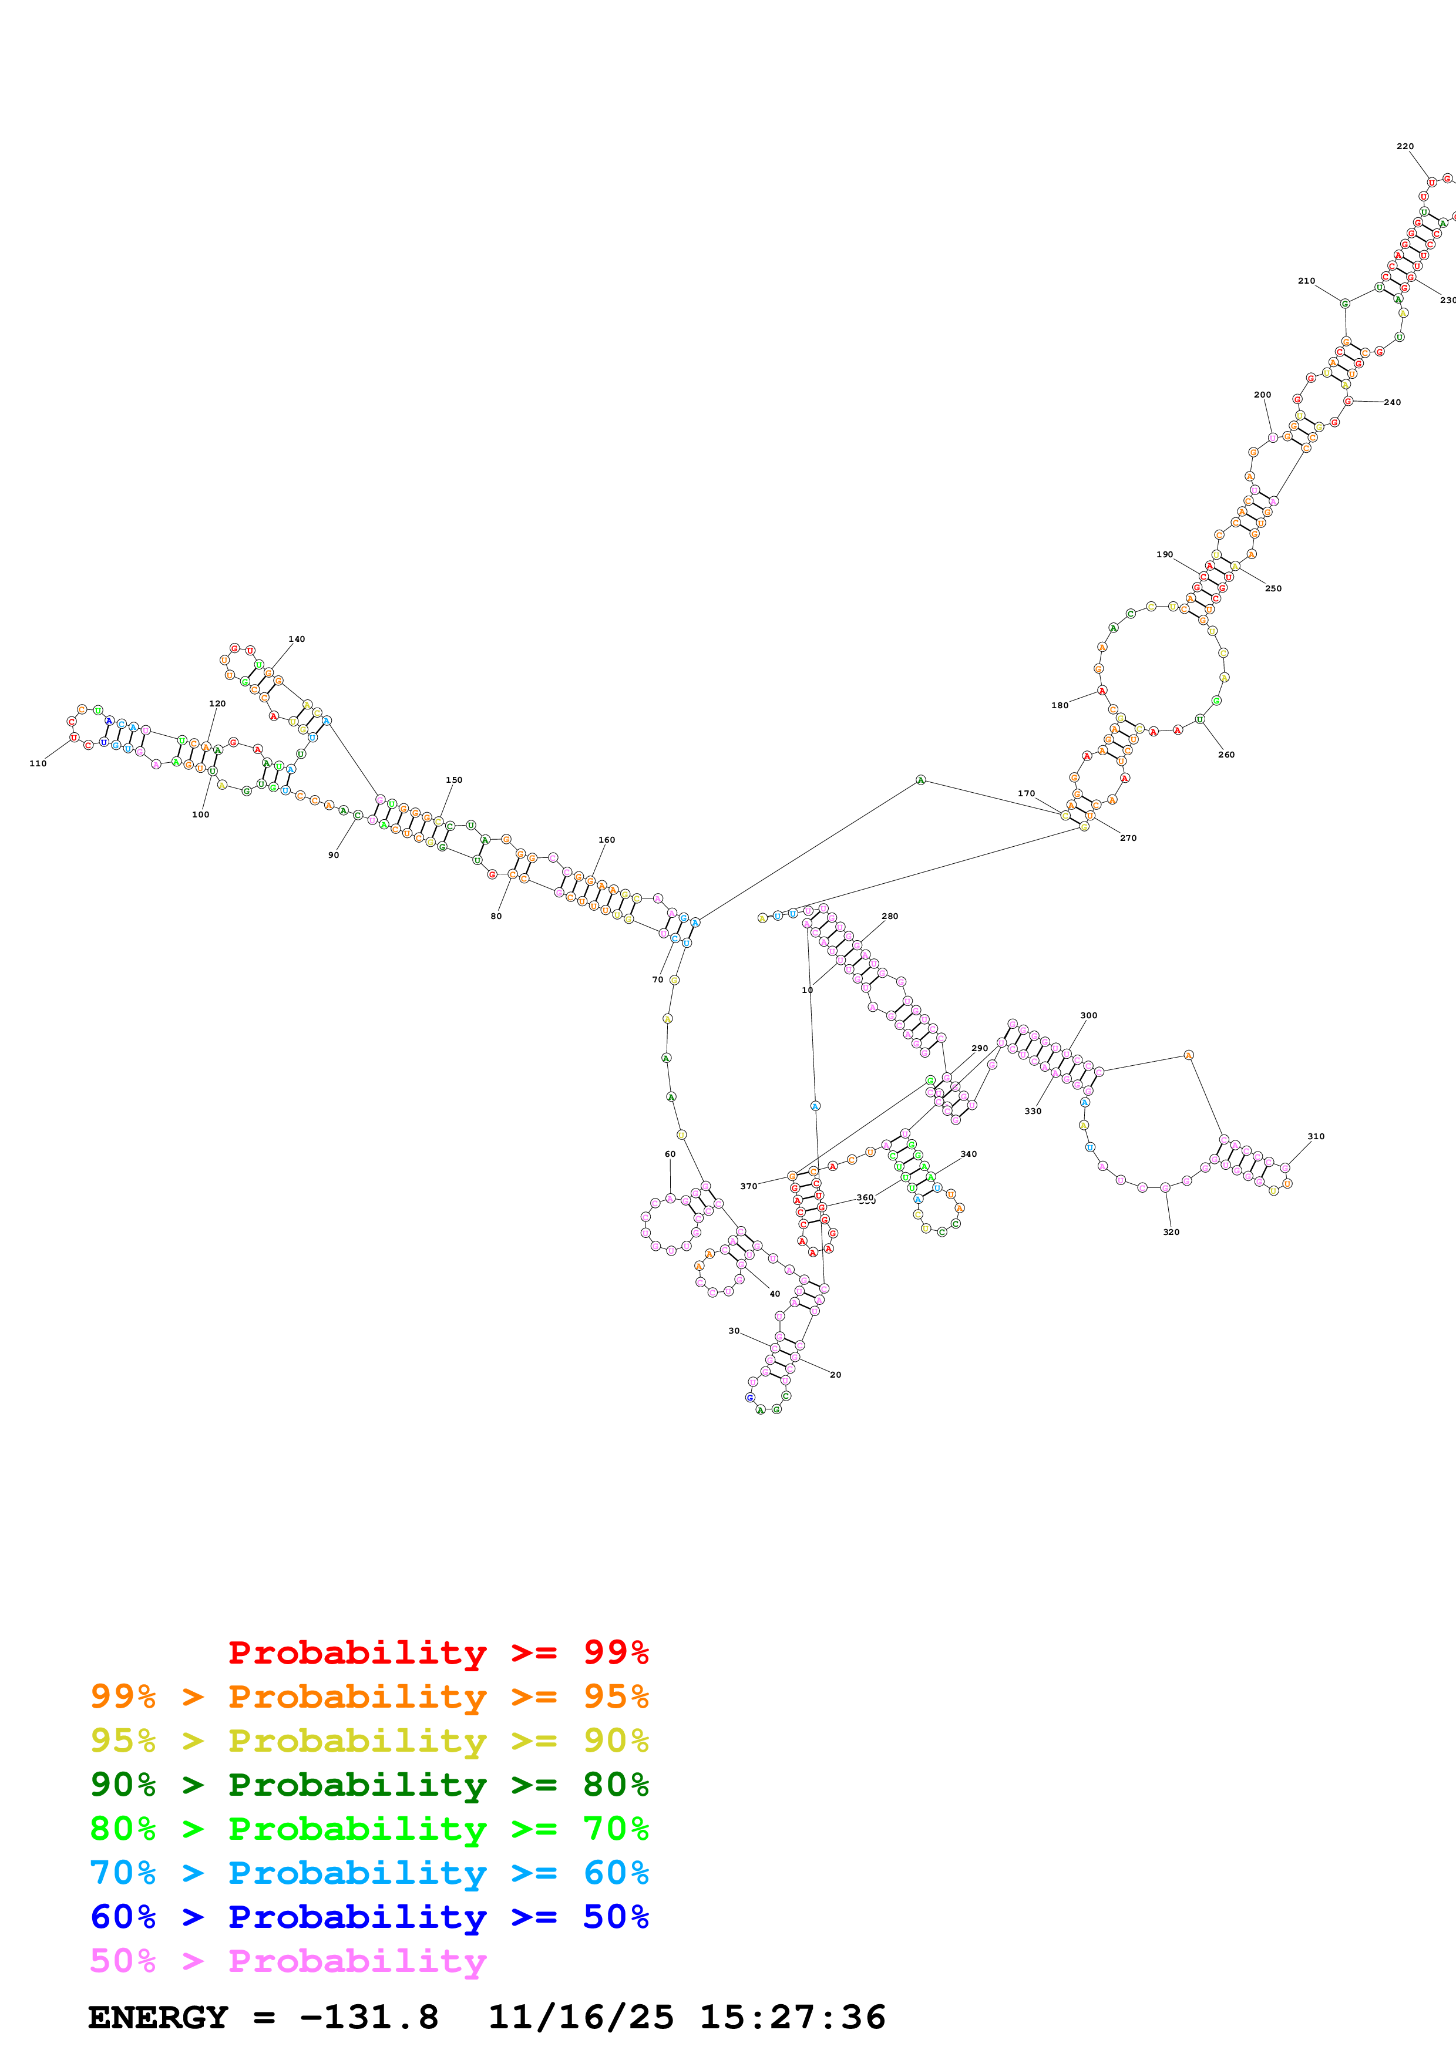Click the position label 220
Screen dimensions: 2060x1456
coord(1405,146)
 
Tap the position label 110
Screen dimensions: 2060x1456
coord(38,763)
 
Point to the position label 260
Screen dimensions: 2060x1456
coord(1226,755)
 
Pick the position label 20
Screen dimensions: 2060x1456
coord(835,1375)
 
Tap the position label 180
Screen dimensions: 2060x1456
coord(1060,705)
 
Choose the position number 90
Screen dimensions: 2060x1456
coord(334,855)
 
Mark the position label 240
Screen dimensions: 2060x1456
coord(1393,402)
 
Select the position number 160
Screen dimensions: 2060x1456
coord(607,840)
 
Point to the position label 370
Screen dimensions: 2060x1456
coord(748,1186)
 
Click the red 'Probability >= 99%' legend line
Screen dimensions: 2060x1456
coord(438,1652)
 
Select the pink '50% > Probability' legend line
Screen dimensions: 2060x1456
coord(288,1961)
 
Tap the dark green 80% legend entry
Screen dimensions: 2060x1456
coord(369,1785)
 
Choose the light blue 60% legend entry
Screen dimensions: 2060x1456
coord(369,1873)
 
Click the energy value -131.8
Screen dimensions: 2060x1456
coord(369,2018)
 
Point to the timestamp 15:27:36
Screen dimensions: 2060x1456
coord(792,2018)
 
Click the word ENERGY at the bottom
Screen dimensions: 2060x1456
coord(158,2018)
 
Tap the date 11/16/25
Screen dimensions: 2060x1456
coord(580,2018)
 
